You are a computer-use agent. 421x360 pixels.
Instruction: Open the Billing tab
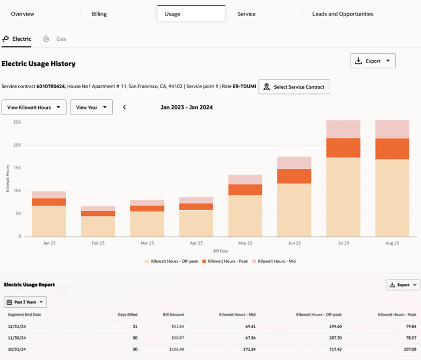[x=99, y=14]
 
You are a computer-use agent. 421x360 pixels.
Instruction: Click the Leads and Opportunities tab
[x=343, y=14]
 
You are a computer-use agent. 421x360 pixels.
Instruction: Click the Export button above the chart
[x=373, y=61]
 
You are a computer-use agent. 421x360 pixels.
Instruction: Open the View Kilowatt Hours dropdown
[x=34, y=107]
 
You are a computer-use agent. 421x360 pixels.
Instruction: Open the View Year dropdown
[x=91, y=107]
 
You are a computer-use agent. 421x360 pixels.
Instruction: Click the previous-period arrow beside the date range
[x=125, y=107]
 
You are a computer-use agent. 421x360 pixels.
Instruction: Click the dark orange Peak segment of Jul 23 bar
[x=343, y=148]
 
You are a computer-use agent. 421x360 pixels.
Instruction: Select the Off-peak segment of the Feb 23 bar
[x=98, y=226]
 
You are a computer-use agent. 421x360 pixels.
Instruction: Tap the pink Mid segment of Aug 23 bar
[x=392, y=129]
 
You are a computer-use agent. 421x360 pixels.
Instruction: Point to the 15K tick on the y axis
[x=17, y=168]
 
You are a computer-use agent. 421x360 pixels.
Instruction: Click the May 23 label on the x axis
[x=245, y=243]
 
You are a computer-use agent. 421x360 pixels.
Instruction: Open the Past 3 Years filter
[x=25, y=302]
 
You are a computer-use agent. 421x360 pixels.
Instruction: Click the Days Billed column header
[x=127, y=314]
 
